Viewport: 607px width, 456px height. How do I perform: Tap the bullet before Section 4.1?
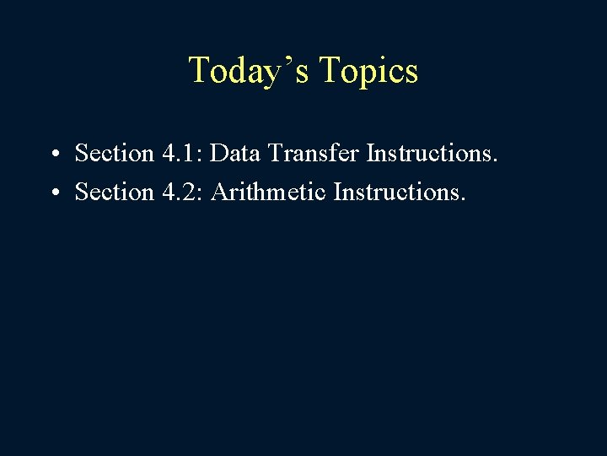point(54,155)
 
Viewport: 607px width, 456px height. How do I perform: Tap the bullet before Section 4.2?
point(54,193)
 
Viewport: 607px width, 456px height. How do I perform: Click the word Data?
point(234,154)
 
